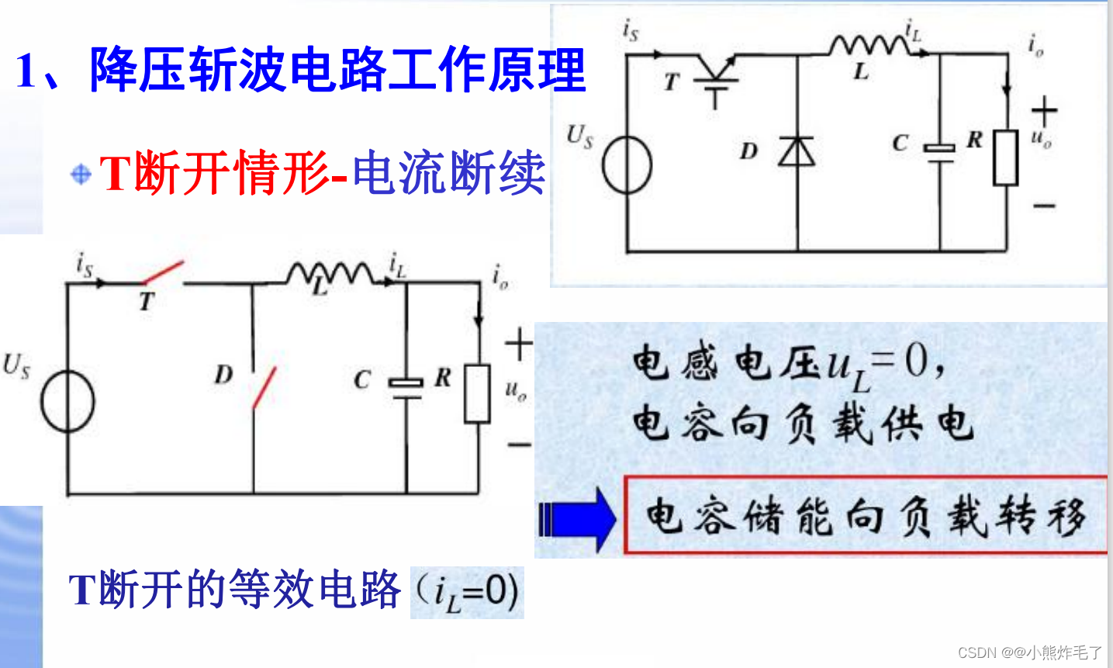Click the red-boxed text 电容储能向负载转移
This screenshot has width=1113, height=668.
coord(865,516)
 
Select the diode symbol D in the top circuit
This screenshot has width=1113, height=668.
coord(797,151)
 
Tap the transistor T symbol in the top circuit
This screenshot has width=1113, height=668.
coord(715,78)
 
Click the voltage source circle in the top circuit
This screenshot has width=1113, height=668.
coord(627,164)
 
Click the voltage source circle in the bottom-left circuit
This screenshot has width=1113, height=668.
coord(67,403)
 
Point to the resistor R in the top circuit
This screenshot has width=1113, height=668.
coord(1006,157)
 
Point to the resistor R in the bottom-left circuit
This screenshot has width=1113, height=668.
coord(477,393)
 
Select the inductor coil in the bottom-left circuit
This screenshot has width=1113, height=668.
coord(329,273)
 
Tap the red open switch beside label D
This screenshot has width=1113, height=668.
coord(264,388)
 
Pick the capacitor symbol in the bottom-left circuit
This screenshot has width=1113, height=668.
coord(406,387)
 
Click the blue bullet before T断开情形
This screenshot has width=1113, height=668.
coord(81,174)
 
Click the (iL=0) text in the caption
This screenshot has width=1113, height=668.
coord(467,593)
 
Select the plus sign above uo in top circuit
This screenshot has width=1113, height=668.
coord(1044,111)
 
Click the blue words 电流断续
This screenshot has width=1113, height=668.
coord(448,172)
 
